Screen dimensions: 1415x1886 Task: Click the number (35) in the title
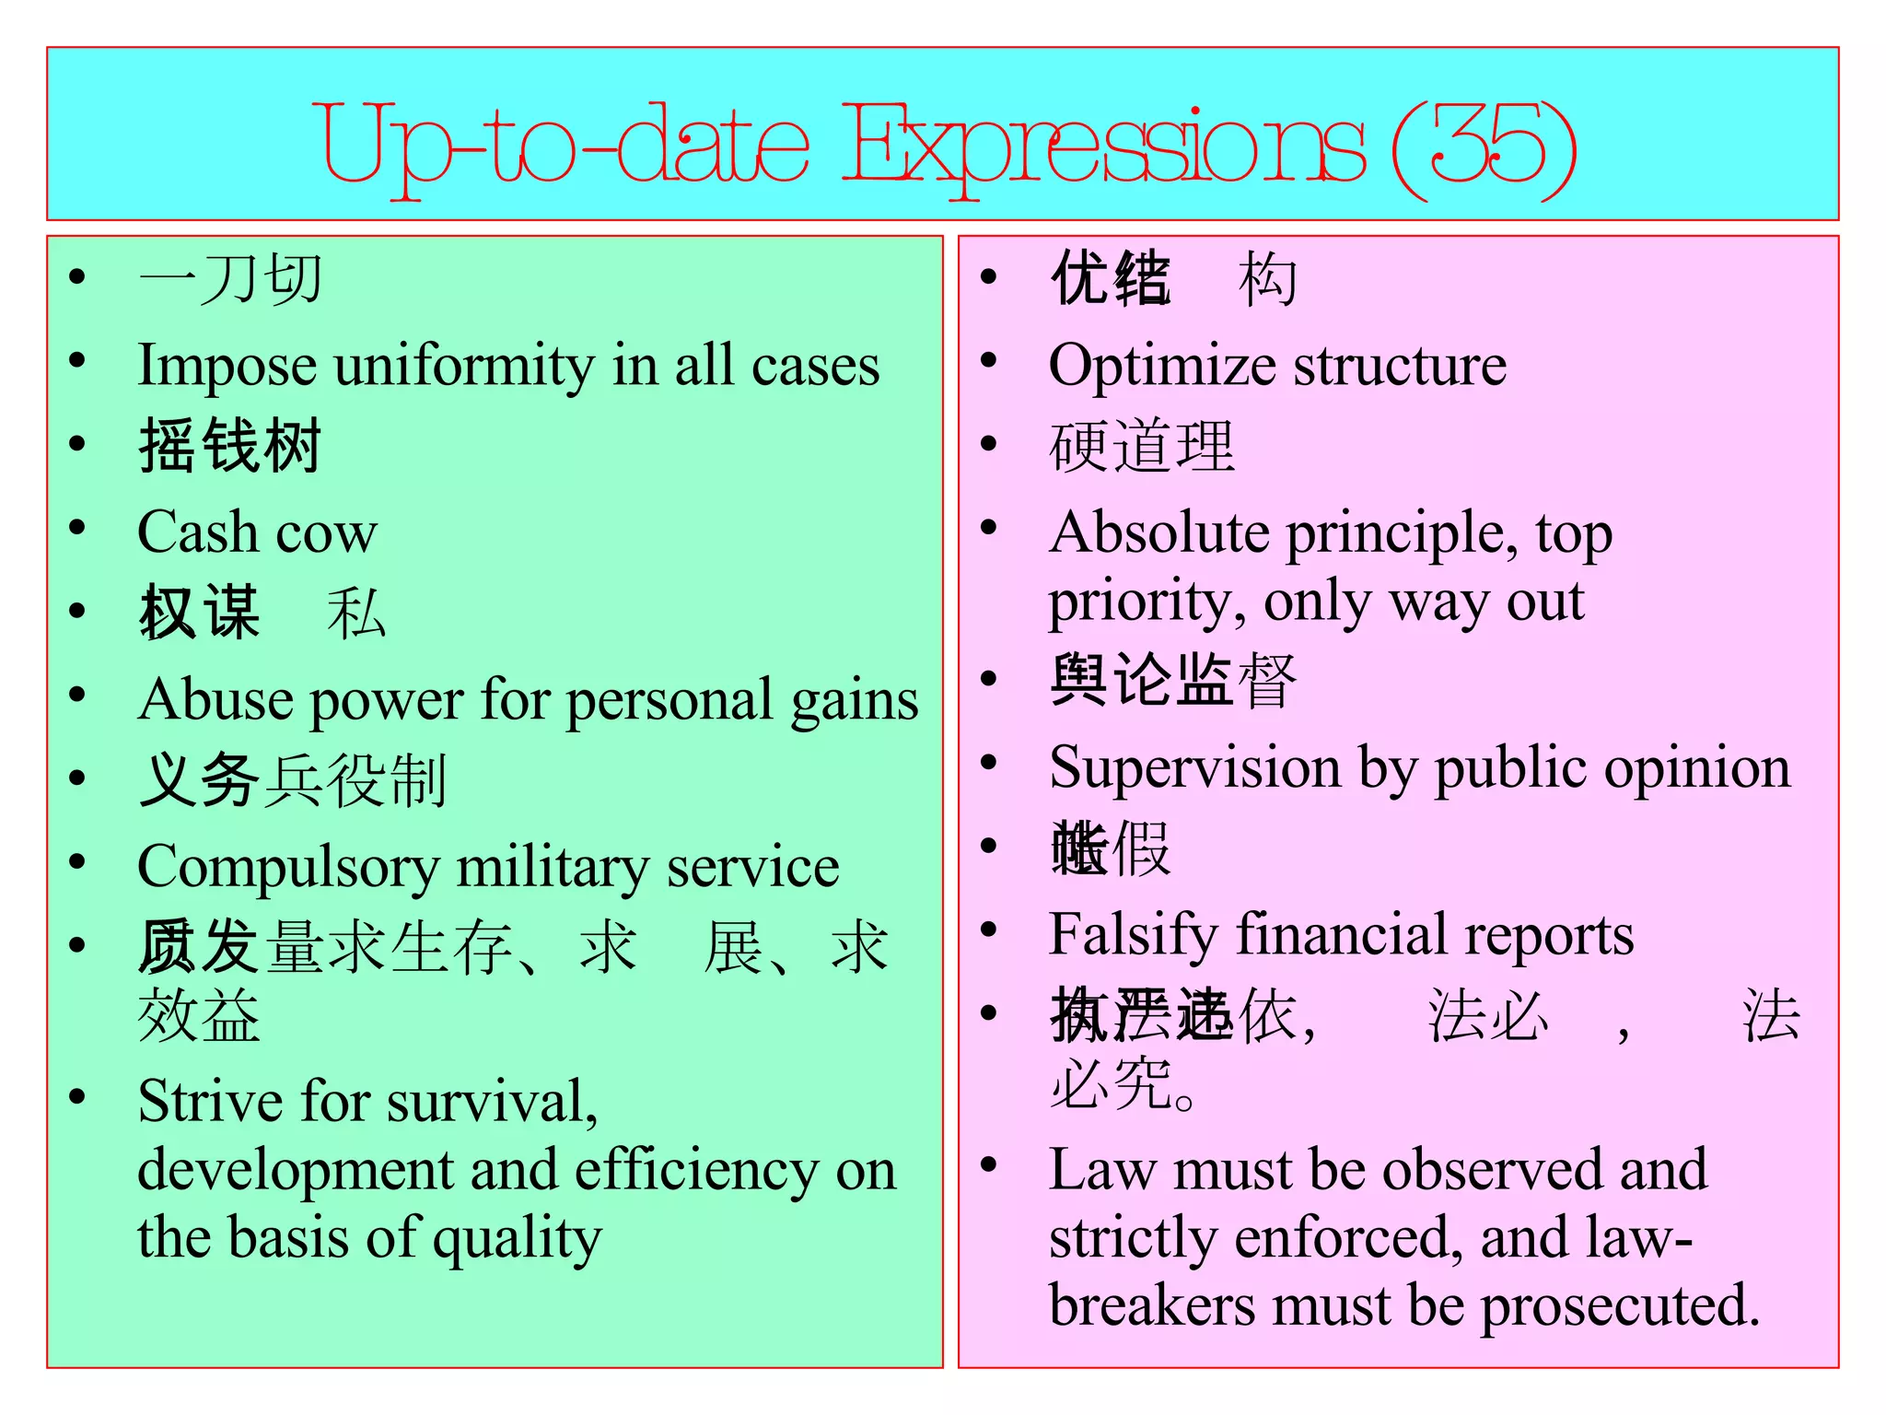point(1484,146)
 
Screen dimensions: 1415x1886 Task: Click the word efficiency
point(696,1171)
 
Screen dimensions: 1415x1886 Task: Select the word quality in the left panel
point(517,1240)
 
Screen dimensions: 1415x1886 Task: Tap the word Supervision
point(1194,767)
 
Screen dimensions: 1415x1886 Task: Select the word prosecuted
point(1620,1305)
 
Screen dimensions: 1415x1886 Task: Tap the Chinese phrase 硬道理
point(1142,447)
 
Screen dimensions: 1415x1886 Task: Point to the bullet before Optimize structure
point(989,360)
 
